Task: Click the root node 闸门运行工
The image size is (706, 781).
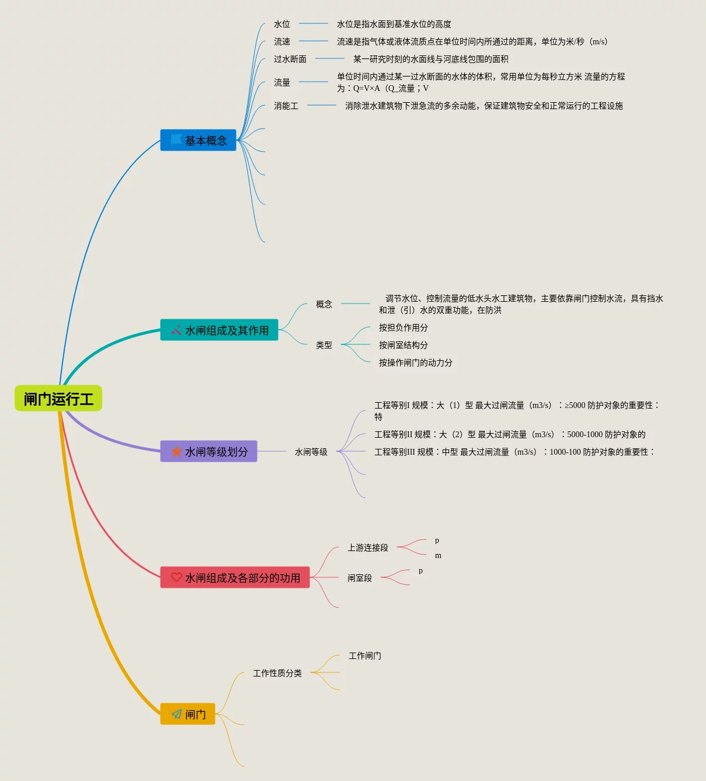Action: [x=58, y=399]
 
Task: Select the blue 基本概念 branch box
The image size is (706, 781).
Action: [x=198, y=140]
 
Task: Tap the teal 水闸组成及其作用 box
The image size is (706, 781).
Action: [x=219, y=330]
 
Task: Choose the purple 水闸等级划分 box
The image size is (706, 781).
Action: [x=208, y=451]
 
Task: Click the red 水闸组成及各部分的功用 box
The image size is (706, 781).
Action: [x=235, y=577]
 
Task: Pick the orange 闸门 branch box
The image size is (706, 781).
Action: [x=187, y=714]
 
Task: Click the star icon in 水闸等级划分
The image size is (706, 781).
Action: [x=176, y=451]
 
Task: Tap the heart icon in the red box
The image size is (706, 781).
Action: [x=176, y=577]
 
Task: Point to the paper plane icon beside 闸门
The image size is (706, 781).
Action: [x=176, y=714]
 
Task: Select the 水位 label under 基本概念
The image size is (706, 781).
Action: [x=282, y=24]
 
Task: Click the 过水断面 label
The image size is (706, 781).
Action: [x=290, y=59]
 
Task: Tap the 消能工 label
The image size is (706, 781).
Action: [x=286, y=106]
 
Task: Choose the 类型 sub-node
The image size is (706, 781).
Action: [x=324, y=345]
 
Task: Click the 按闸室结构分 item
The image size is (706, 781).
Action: [x=404, y=345]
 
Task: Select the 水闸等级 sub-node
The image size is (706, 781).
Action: [x=311, y=452]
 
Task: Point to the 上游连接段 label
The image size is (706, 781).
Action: [x=368, y=548]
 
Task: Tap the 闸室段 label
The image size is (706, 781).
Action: [x=360, y=578]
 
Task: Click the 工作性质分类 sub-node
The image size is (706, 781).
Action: [x=277, y=673]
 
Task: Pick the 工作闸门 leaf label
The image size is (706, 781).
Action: [x=365, y=656]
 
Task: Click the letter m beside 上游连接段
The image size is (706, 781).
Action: [x=438, y=556]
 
